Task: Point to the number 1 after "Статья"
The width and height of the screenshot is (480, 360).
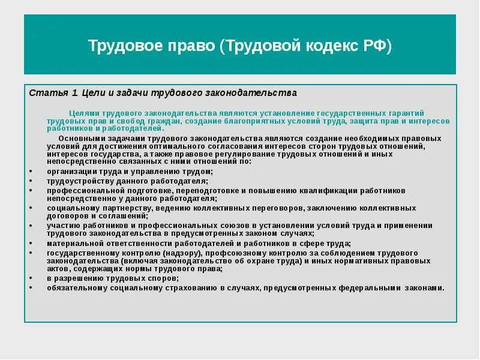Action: (x=74, y=93)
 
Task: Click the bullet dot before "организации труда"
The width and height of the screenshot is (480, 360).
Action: (x=31, y=172)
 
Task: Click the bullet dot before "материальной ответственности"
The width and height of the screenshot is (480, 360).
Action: (x=31, y=244)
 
